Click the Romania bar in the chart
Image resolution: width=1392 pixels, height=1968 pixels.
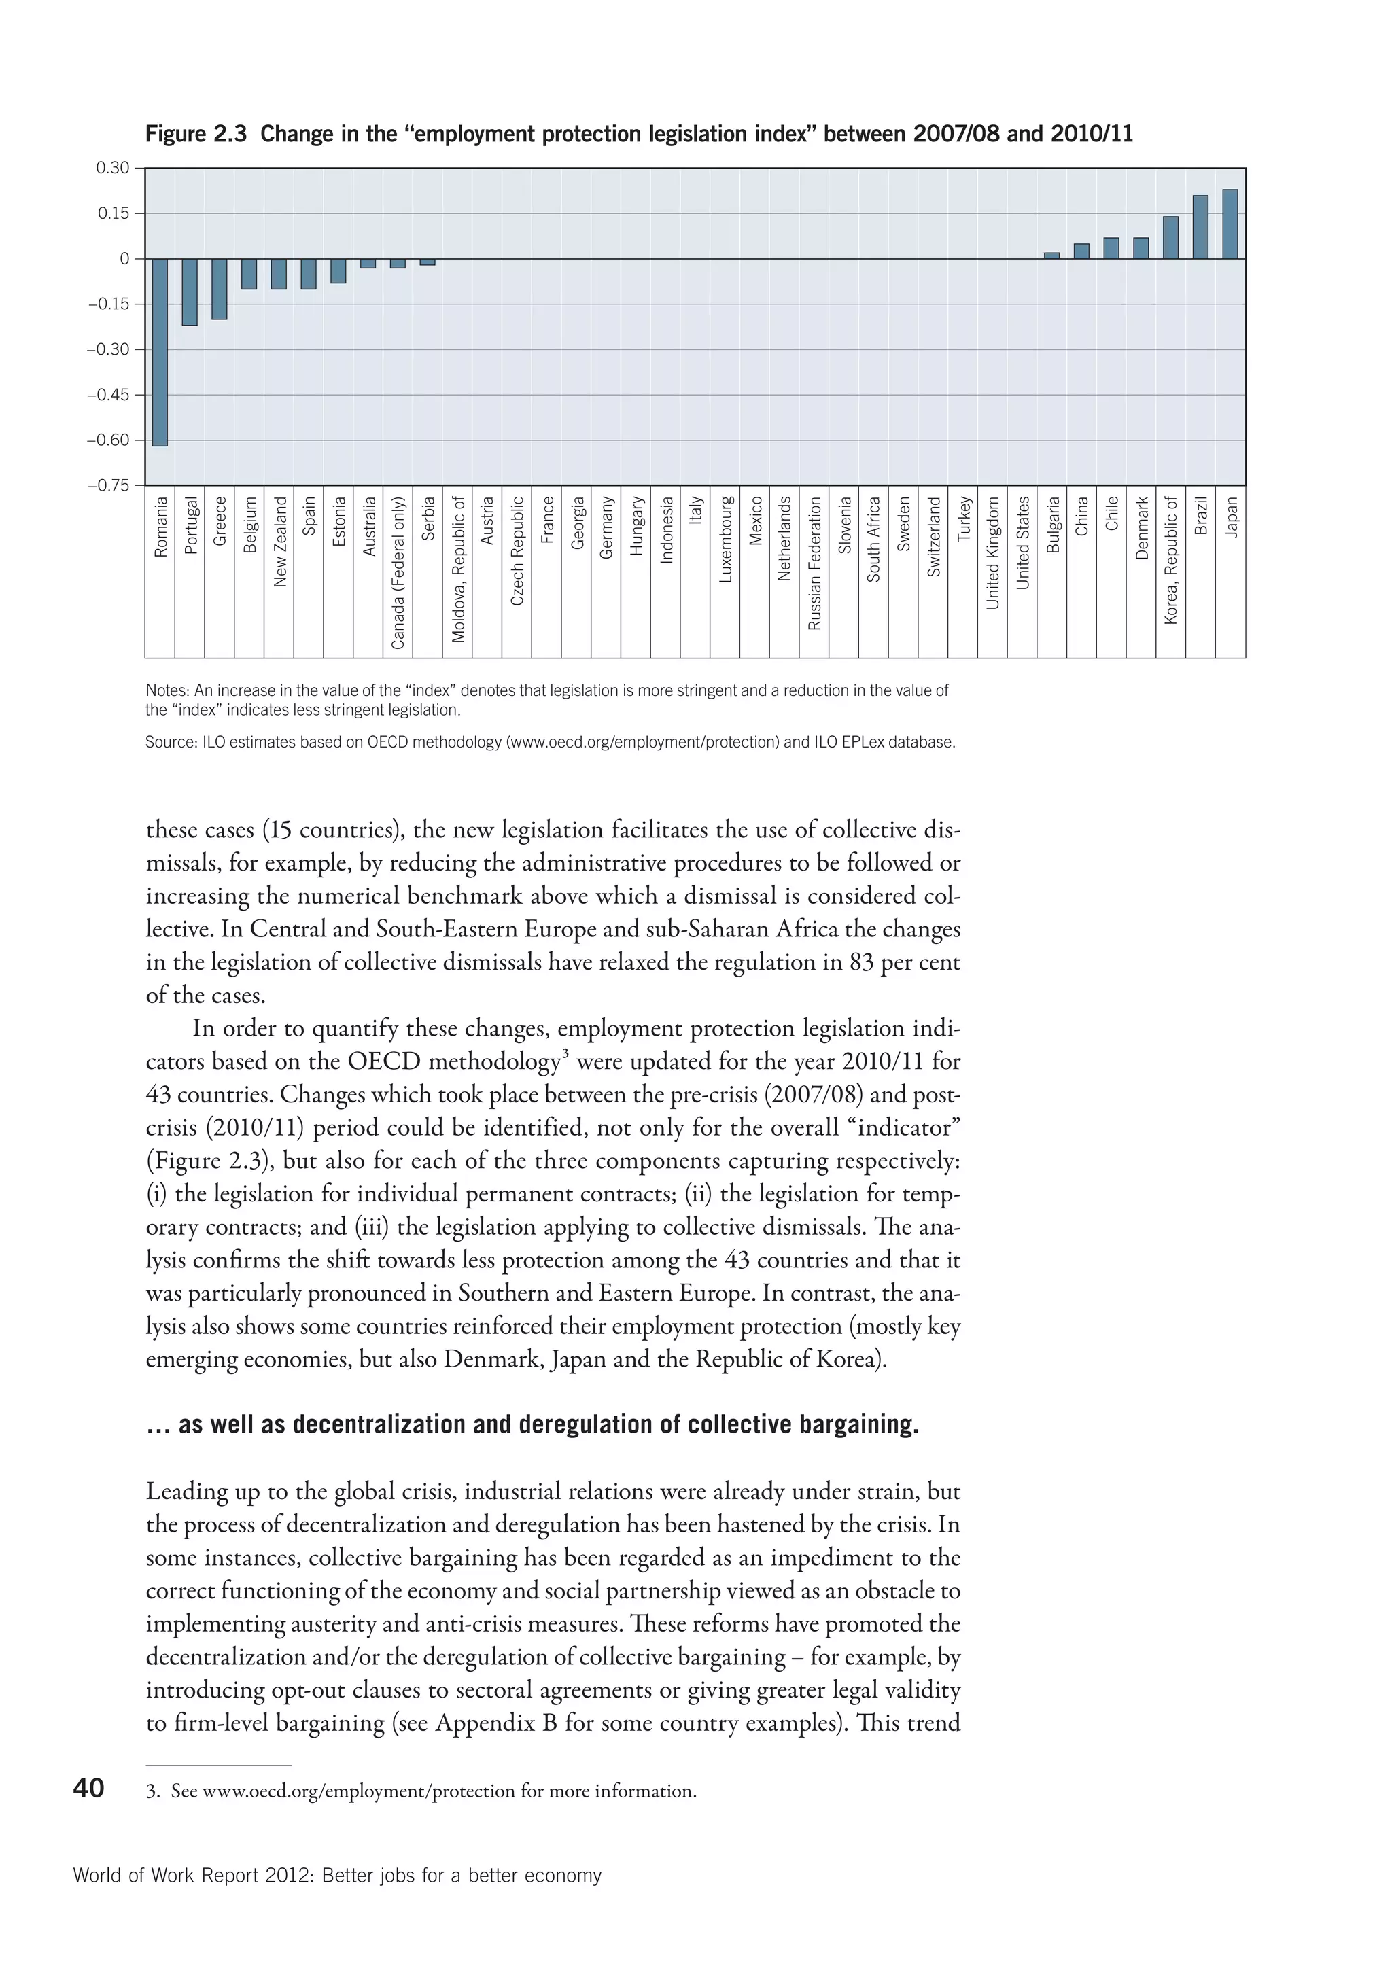click(x=160, y=352)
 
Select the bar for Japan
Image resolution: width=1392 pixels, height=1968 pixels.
click(x=1230, y=224)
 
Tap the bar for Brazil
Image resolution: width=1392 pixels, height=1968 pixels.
click(x=1200, y=227)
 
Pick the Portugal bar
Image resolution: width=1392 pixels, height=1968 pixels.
click(x=190, y=292)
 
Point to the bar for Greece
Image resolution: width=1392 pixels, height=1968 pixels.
click(x=220, y=289)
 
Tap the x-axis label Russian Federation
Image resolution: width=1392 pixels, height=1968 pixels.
click(x=814, y=564)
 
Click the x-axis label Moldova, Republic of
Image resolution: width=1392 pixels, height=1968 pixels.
click(x=457, y=569)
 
